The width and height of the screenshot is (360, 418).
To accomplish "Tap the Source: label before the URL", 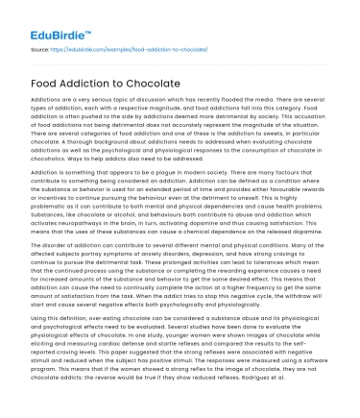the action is pyautogui.click(x=41, y=44).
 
